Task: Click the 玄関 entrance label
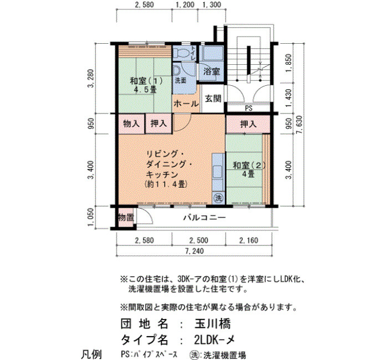(213, 99)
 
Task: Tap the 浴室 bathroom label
(212, 71)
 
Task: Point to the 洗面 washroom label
(181, 81)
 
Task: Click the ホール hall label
(186, 104)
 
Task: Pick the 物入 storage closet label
(131, 124)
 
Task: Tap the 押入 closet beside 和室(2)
(248, 124)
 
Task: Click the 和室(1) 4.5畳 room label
(146, 85)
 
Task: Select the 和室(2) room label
(249, 169)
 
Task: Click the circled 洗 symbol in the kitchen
(218, 198)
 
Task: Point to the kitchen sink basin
(218, 171)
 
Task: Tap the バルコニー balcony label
(205, 218)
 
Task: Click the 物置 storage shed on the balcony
(126, 218)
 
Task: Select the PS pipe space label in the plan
(249, 109)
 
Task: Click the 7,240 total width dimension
(194, 251)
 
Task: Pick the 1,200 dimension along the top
(185, 4)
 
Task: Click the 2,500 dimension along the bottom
(198, 240)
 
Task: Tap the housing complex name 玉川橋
(212, 324)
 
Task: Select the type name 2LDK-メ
(215, 340)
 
